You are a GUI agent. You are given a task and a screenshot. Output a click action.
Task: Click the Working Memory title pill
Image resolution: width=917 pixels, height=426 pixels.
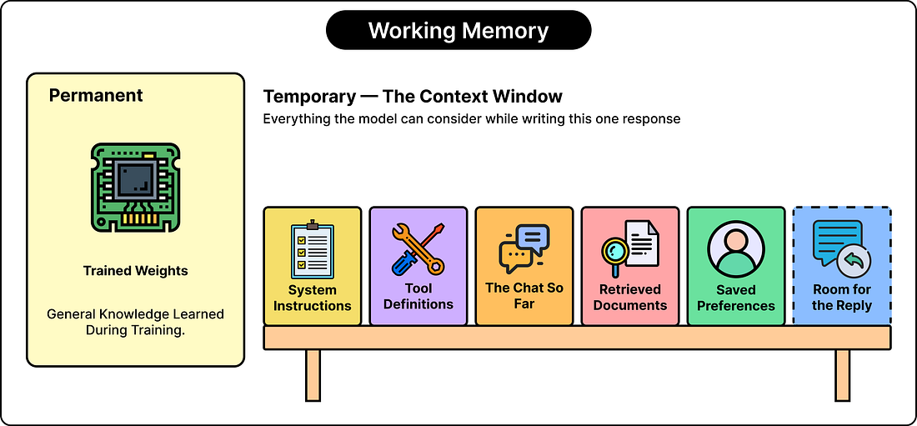click(458, 30)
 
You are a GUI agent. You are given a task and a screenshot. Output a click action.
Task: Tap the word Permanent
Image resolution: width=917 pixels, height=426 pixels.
click(96, 95)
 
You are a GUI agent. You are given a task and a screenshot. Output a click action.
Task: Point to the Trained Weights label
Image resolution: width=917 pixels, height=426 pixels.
click(135, 271)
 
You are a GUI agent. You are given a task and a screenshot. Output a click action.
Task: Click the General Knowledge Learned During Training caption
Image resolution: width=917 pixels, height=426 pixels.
click(135, 322)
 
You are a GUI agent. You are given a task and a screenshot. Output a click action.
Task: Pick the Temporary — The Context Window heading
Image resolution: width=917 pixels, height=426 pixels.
click(413, 97)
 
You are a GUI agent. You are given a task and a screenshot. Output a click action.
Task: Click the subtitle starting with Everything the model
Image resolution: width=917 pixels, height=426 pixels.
click(471, 118)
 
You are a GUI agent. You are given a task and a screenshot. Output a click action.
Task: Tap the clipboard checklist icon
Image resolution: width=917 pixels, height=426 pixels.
click(313, 249)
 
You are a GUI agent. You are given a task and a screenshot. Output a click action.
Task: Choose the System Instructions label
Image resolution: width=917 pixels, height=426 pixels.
click(313, 298)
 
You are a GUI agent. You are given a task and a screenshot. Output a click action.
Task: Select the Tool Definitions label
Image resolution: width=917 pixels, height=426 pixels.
click(418, 296)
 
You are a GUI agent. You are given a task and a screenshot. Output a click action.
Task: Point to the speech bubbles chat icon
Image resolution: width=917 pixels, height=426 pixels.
click(524, 249)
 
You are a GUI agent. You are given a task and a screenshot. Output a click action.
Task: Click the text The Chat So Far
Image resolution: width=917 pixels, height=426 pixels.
click(524, 296)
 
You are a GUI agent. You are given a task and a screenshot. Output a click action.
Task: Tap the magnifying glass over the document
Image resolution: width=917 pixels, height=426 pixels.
click(615, 253)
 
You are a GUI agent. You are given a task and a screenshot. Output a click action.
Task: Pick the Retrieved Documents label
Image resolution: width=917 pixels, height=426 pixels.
click(630, 298)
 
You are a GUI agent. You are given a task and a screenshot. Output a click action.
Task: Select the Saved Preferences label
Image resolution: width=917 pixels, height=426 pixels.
click(736, 298)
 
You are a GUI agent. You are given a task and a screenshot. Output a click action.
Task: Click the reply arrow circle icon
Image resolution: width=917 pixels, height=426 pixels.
click(854, 263)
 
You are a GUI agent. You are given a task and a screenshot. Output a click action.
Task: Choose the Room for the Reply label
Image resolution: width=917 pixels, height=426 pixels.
click(842, 298)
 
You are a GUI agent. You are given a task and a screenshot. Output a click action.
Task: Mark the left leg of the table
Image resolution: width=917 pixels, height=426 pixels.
click(313, 375)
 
